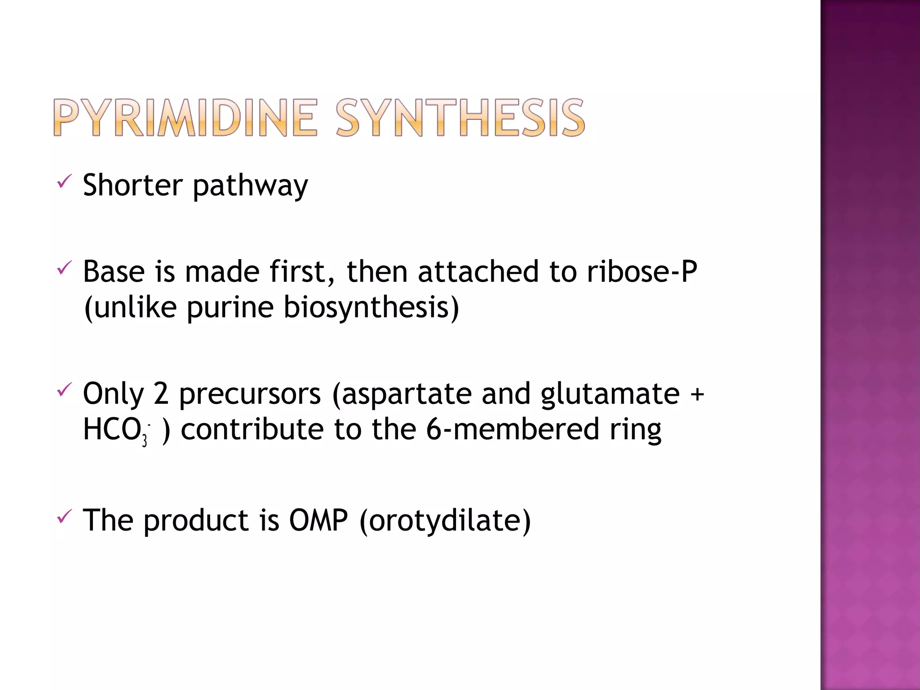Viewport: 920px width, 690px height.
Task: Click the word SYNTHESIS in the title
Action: [x=460, y=118]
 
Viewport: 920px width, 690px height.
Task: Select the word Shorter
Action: [x=133, y=185]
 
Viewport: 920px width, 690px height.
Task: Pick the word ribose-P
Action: [x=642, y=272]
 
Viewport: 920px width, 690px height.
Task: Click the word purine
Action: [x=230, y=309]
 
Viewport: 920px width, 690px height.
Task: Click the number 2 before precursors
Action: [x=161, y=394]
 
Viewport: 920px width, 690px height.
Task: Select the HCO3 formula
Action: [x=115, y=430]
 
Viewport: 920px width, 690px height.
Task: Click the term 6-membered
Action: [x=513, y=429]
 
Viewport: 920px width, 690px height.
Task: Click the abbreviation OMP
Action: [x=318, y=520]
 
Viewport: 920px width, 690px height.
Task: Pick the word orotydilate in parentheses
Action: [x=445, y=521]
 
